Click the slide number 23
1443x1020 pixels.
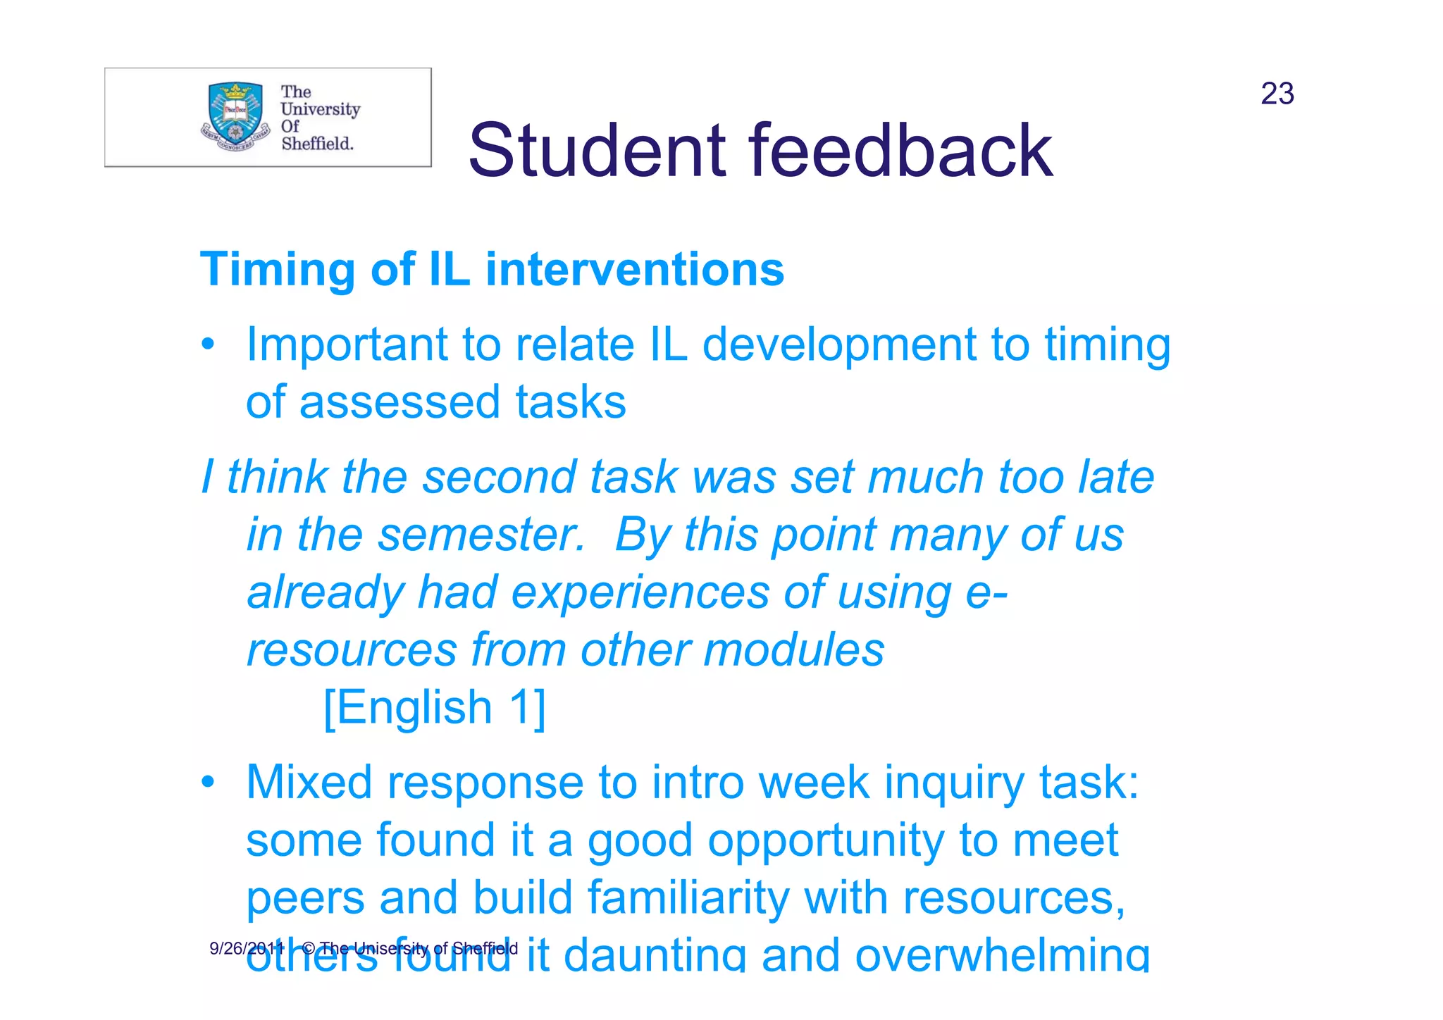point(1277,94)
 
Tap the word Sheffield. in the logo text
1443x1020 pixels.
point(317,144)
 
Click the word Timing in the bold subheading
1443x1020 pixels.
point(278,270)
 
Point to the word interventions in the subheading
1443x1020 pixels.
point(634,269)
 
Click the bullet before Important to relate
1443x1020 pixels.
point(207,344)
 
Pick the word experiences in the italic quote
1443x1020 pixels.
point(640,593)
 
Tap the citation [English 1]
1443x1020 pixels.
point(435,707)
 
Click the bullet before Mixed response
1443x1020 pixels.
point(207,783)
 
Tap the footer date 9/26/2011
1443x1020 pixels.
point(247,948)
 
